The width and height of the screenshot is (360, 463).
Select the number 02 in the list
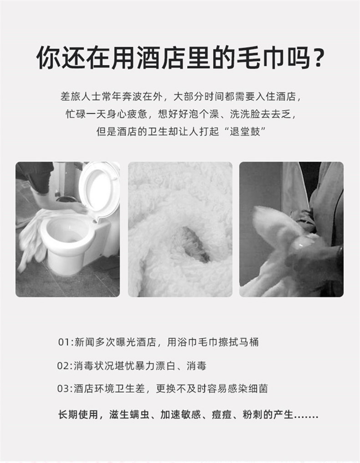(63, 366)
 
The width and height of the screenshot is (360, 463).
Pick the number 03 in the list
(63, 389)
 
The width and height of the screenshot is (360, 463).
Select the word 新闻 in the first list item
(84, 342)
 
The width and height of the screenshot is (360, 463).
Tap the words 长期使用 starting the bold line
(78, 414)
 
